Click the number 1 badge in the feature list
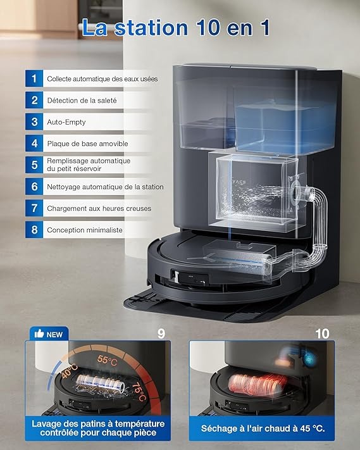click(x=34, y=79)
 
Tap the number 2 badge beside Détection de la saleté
click(x=34, y=100)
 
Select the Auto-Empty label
click(x=66, y=122)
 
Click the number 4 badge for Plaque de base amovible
click(x=34, y=143)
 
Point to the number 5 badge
click(x=34, y=165)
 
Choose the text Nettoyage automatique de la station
click(x=105, y=187)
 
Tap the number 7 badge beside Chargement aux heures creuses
click(x=34, y=208)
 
